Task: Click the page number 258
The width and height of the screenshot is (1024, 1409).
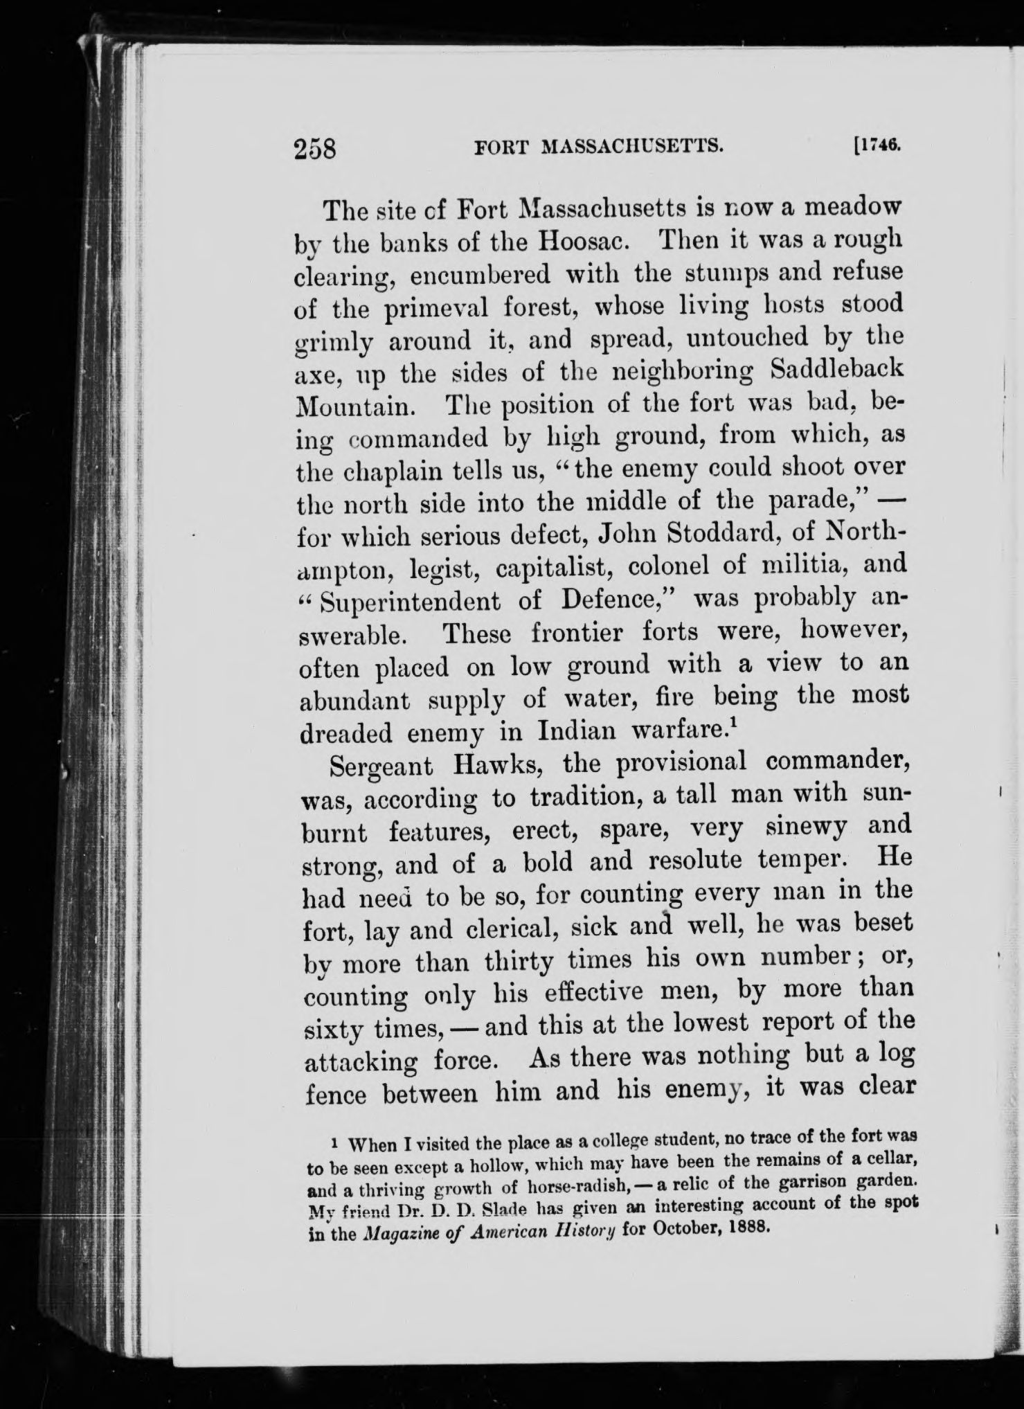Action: click(x=314, y=148)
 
